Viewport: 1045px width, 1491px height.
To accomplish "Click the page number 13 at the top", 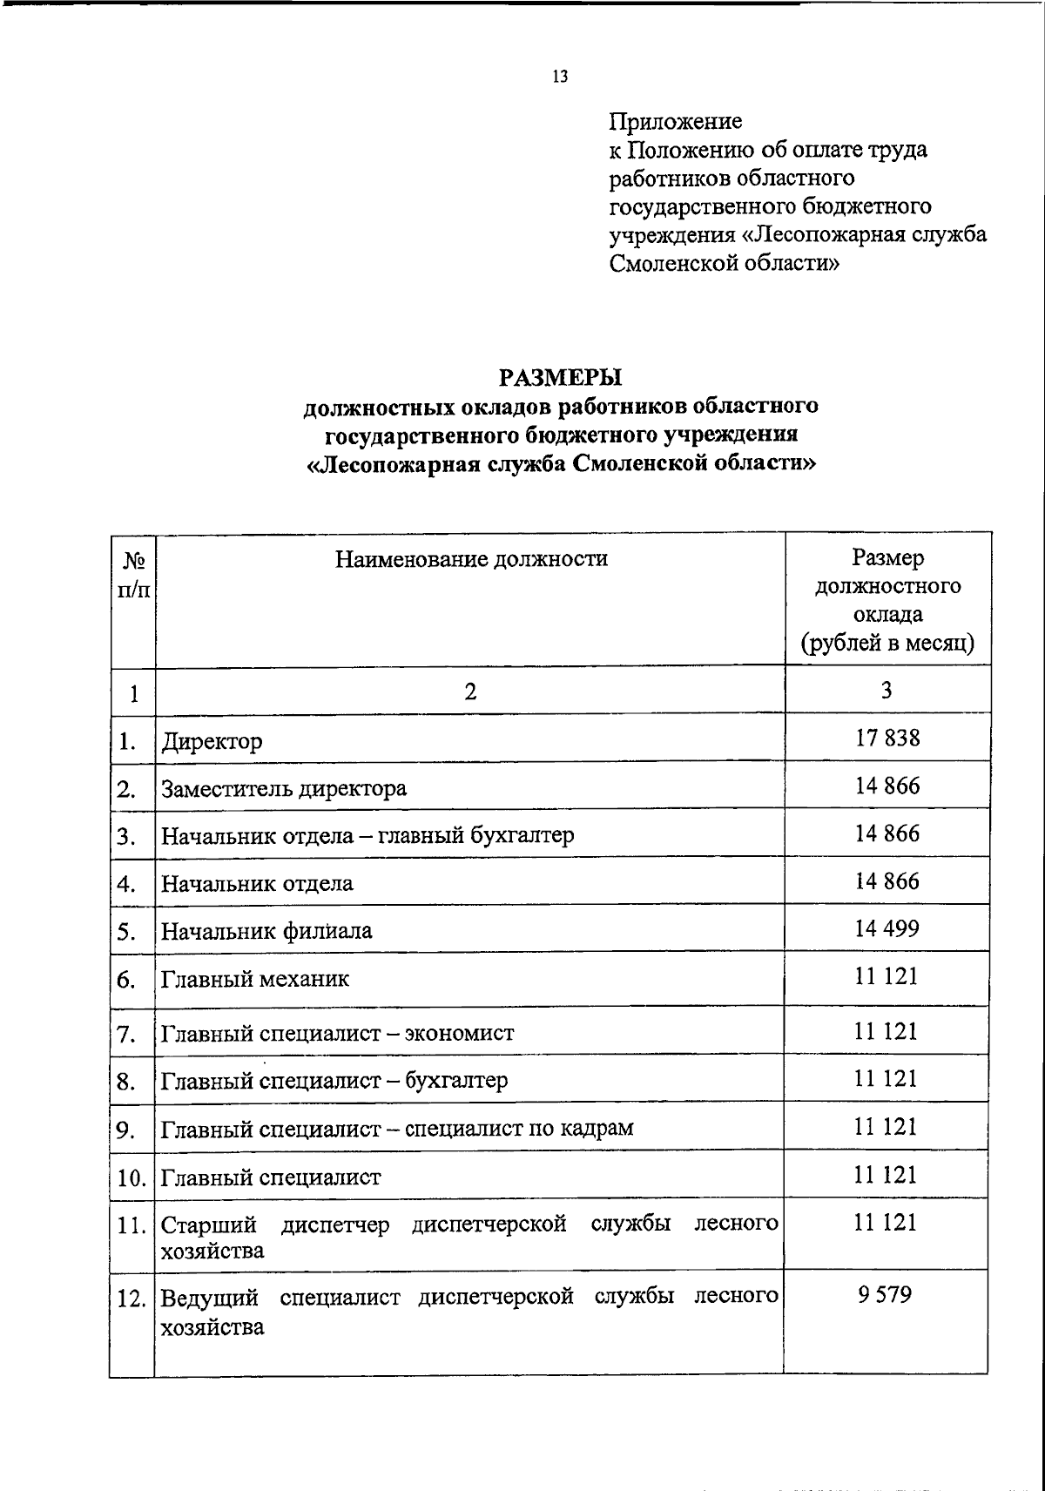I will click(560, 77).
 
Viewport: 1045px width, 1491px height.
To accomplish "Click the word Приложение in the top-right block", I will click(675, 121).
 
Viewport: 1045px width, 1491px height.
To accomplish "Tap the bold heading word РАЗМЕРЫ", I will click(561, 378).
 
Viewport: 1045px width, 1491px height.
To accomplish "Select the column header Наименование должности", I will click(471, 558).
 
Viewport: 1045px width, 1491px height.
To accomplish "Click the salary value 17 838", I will click(887, 739).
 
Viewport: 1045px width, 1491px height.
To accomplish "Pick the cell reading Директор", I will click(212, 743).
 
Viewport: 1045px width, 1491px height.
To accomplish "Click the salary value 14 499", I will click(887, 928).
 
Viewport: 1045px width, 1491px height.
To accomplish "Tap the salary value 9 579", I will click(885, 1295).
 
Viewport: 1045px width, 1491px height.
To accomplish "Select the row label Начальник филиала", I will click(266, 932).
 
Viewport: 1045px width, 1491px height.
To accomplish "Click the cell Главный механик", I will click(255, 980).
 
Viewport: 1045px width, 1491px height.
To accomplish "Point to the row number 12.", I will click(131, 1299).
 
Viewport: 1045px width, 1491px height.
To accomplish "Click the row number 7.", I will click(126, 1035).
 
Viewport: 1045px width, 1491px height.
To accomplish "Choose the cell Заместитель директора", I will click(284, 790).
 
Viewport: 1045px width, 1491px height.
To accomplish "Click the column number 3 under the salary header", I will click(886, 691).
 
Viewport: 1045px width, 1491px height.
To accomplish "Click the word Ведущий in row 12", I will click(210, 1298).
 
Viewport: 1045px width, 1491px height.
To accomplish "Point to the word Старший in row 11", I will click(209, 1225).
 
